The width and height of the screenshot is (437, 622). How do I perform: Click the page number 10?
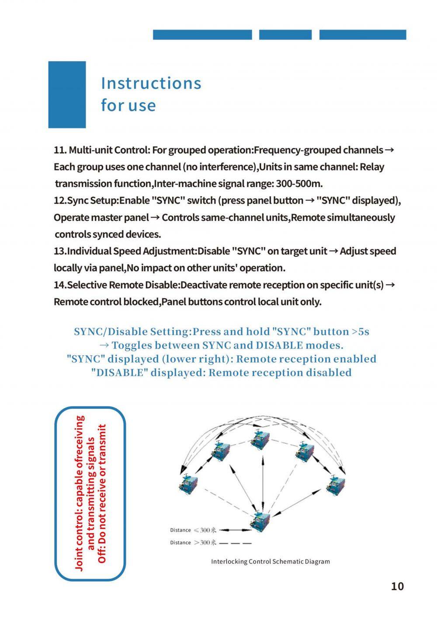coord(397,586)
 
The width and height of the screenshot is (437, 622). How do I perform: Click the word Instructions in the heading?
coord(151,83)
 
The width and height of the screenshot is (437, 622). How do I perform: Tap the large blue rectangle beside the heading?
coord(67,94)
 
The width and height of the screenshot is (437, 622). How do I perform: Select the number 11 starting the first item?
coord(59,150)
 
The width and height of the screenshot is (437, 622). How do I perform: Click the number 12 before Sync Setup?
coord(59,201)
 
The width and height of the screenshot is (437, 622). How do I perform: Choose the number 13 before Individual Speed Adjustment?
coord(59,252)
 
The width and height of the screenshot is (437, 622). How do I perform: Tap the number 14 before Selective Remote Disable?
coord(59,285)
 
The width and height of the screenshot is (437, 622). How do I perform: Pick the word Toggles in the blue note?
coord(131,345)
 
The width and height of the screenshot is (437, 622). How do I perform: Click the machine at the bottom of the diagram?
coord(260,521)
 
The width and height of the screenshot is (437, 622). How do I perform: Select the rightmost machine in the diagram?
coord(336,484)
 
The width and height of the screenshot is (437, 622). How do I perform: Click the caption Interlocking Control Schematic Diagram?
coord(271,561)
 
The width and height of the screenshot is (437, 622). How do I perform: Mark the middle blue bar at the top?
coord(285,35)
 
